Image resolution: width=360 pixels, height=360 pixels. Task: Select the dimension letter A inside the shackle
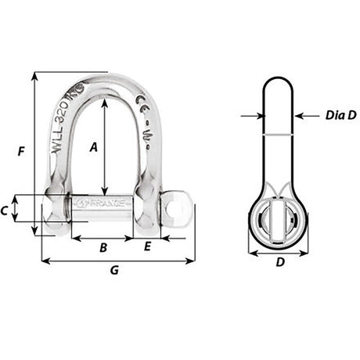point(94,146)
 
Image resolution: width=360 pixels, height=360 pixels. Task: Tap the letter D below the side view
point(279,263)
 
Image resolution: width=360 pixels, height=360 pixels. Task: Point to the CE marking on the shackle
point(143,103)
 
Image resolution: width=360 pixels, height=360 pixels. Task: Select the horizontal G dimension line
point(117,261)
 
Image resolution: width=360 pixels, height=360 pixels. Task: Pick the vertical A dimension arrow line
point(105,149)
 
